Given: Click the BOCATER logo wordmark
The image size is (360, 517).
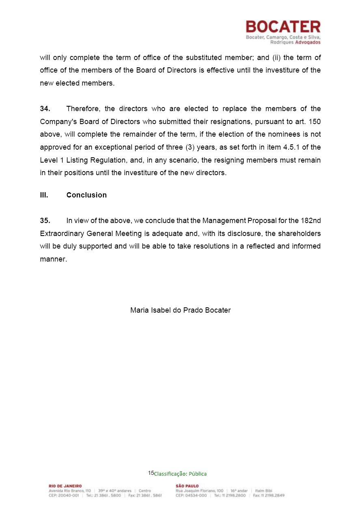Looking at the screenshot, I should pos(283,27).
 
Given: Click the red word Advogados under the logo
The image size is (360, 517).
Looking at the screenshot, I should pos(308,42).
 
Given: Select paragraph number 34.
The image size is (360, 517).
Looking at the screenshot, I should pos(45,109).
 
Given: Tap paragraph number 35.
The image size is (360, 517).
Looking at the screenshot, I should pos(45,221).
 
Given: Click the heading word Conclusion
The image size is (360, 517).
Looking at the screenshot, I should pos(86,195).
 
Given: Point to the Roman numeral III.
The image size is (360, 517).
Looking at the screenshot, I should pos(44,195).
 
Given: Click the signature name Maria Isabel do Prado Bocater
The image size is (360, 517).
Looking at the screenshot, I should pos(180,310).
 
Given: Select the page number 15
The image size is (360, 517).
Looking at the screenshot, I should pos(151,473).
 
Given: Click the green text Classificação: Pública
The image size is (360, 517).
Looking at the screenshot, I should pos(181,474).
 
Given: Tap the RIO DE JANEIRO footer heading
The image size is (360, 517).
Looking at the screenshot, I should pos(65,486).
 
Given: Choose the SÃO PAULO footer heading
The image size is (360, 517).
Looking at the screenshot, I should pos(187,486).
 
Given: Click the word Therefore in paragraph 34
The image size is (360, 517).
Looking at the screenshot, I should pos(82,109).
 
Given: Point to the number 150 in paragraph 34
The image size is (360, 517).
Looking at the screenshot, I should pos(315,121).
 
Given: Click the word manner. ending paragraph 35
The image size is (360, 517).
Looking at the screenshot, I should pos(53,259).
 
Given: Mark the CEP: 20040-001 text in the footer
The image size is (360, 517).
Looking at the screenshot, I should pos(64,496).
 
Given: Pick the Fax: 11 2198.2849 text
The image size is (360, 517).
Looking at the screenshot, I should pos(269,496).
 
